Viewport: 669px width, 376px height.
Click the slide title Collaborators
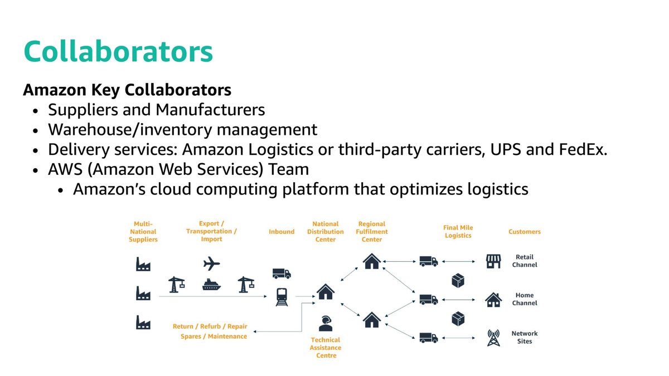point(118,52)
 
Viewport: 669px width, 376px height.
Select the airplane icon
point(211,263)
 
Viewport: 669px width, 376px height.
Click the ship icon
point(211,285)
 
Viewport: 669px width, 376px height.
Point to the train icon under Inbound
point(282,297)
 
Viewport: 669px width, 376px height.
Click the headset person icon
point(326,324)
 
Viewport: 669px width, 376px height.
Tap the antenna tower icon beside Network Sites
point(493,338)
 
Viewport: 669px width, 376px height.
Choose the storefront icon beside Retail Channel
point(493,261)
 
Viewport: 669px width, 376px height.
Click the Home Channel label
point(525,299)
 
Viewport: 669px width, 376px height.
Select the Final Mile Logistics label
point(458,232)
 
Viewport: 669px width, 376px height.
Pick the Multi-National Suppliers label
point(143,232)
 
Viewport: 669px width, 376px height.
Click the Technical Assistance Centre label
point(326,348)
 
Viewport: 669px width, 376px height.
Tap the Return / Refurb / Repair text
point(210,326)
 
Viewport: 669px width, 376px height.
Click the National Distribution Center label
point(326,232)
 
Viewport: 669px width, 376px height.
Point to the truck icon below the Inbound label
point(282,274)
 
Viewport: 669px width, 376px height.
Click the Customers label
point(525,232)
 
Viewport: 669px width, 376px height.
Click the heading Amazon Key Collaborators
point(127,90)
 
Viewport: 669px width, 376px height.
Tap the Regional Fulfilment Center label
point(372,232)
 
